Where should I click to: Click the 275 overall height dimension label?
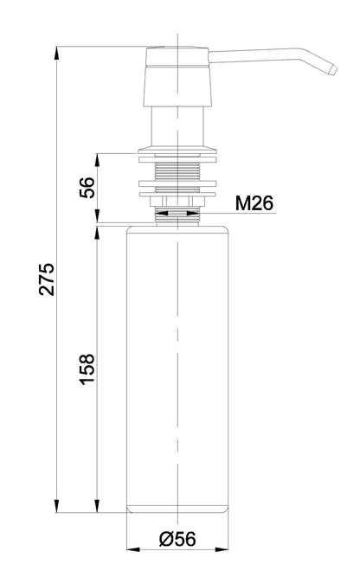point(47,279)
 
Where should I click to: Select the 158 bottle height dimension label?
point(87,369)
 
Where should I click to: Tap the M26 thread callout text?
point(254,202)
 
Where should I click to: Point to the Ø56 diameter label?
point(177,539)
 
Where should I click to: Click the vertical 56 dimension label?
point(87,188)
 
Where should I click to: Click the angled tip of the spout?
point(332,69)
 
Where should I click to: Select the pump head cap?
point(177,76)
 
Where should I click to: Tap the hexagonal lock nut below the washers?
point(177,202)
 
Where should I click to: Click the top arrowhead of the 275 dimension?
point(57,53)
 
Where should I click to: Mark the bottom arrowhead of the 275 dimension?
point(57,506)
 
